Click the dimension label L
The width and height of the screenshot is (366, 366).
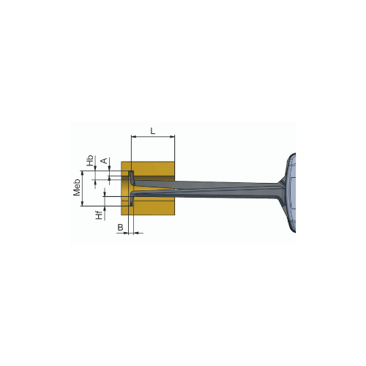coord(153,131)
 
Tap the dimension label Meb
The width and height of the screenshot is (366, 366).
coord(77,187)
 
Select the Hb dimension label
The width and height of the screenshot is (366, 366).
coord(91,160)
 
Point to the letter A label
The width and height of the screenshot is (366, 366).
coord(104,161)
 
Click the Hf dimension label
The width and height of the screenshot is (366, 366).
coord(99,215)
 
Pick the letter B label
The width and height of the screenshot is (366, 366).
coord(120,228)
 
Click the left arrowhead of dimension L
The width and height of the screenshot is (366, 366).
coord(134,137)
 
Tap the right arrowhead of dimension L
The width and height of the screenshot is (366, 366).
coord(172,137)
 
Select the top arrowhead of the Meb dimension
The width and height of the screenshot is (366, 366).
coord(82,173)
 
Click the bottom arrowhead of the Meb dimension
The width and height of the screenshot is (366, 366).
coord(82,203)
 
